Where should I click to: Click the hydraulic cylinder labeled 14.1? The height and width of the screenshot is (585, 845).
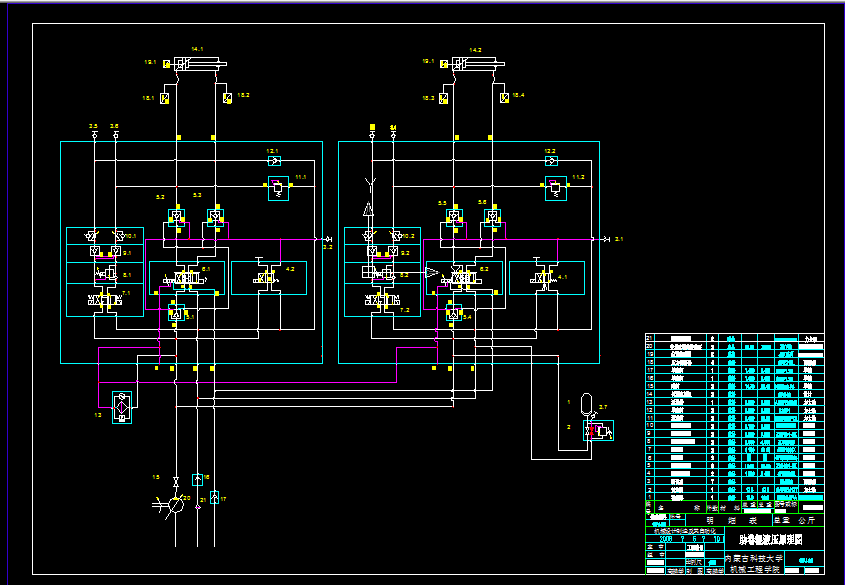[x=195, y=64]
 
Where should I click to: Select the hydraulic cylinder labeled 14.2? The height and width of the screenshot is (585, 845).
[x=474, y=64]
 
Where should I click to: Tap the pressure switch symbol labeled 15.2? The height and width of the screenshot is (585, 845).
[x=228, y=96]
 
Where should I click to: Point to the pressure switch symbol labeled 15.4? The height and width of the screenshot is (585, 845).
[x=505, y=96]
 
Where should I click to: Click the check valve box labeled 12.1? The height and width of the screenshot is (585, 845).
[x=273, y=161]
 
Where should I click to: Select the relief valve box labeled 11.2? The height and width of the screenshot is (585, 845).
[x=550, y=188]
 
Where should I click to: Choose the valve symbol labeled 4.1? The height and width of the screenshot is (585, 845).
[x=541, y=277]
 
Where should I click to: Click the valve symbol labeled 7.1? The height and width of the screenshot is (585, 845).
[x=104, y=300]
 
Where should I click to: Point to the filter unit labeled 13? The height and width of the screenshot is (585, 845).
[x=122, y=406]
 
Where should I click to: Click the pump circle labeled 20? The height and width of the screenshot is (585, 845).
[x=176, y=506]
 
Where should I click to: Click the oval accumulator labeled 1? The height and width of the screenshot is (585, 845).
[x=586, y=404]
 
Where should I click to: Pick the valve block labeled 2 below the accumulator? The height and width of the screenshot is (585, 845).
[x=599, y=430]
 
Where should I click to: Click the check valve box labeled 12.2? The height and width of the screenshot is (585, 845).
[x=550, y=161]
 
